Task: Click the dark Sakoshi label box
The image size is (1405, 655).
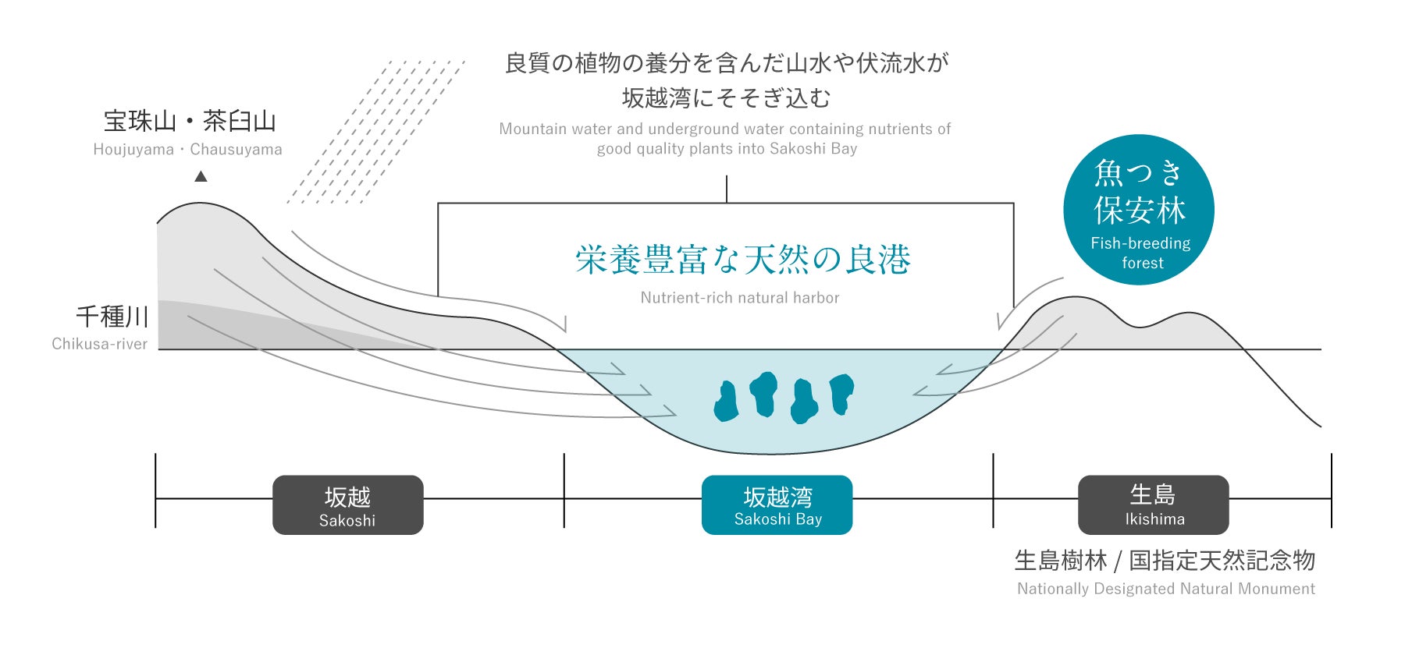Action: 347,505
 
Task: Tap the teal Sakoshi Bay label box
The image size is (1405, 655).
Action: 777,505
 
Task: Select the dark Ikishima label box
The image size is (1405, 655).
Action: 1153,505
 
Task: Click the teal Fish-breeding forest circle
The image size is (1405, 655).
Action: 1139,210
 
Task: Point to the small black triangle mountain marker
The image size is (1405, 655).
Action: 201,176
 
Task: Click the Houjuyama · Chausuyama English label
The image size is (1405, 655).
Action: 187,150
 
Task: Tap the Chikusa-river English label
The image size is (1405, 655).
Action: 99,344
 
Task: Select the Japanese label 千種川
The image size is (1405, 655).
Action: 112,317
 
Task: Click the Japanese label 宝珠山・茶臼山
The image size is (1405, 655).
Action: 190,122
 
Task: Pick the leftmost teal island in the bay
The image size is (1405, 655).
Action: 727,402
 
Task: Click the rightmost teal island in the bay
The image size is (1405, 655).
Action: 841,392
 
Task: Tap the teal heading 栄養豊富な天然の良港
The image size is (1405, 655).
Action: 742,260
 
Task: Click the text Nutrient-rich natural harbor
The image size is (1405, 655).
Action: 739,298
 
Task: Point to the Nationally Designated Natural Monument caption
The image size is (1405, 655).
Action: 1165,589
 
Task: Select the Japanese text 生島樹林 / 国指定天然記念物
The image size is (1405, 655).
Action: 1165,561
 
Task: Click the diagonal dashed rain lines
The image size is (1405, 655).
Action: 375,133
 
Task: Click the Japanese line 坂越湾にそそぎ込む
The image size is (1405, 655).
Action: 726,98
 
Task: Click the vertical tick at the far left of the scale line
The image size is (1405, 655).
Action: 155,490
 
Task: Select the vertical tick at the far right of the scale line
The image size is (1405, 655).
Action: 1331,490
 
